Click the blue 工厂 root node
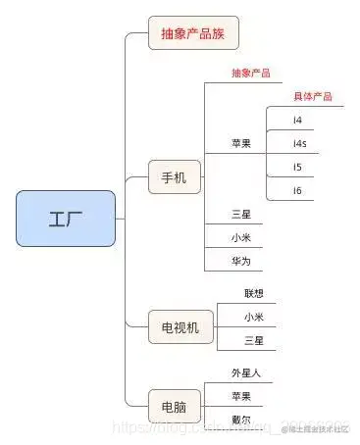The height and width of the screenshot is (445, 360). click(x=66, y=218)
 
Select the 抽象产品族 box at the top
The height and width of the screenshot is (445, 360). click(x=194, y=33)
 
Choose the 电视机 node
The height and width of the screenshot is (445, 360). click(x=180, y=327)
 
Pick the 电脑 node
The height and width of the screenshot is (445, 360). click(x=175, y=404)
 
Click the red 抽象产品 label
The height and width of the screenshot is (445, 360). click(x=251, y=74)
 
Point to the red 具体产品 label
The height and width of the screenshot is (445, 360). click(x=313, y=96)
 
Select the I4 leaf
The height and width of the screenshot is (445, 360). click(x=297, y=121)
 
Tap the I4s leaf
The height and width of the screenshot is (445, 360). click(x=299, y=144)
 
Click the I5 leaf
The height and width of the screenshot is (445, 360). click(x=297, y=167)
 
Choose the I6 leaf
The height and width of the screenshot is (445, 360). click(x=297, y=190)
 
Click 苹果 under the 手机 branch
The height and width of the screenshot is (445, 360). click(x=241, y=143)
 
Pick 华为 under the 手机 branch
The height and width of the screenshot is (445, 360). click(x=241, y=261)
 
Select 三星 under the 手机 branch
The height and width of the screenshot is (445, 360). click(x=241, y=214)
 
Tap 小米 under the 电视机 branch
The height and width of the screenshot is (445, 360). click(x=254, y=317)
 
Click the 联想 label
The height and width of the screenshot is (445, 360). click(x=254, y=293)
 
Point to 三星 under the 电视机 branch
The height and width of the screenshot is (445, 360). click(x=254, y=340)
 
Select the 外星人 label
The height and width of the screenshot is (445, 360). click(x=245, y=373)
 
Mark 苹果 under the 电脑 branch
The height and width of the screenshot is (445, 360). click(x=241, y=396)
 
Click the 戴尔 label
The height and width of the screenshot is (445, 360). click(x=241, y=420)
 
